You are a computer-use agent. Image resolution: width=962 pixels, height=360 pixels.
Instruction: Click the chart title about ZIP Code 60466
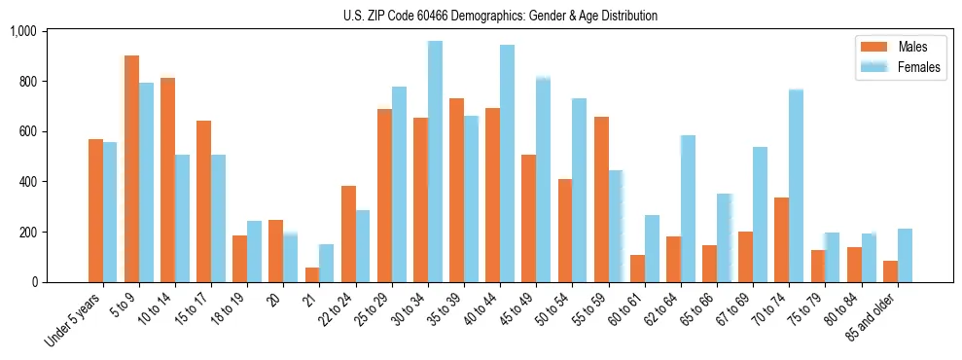point(500,16)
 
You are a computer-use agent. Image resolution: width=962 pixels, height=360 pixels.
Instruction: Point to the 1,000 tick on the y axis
point(22,31)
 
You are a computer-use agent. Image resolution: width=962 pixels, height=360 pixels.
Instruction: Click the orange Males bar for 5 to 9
point(131,169)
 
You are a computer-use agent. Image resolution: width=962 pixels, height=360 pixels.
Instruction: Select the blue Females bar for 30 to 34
point(435,162)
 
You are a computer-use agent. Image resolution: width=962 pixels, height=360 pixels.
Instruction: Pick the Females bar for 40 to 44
point(507,163)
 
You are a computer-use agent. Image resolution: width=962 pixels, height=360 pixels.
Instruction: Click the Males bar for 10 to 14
point(167,180)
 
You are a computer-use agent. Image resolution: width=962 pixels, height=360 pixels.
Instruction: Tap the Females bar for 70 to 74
point(796,186)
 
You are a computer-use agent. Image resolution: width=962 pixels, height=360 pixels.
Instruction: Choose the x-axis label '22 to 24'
point(338,311)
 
